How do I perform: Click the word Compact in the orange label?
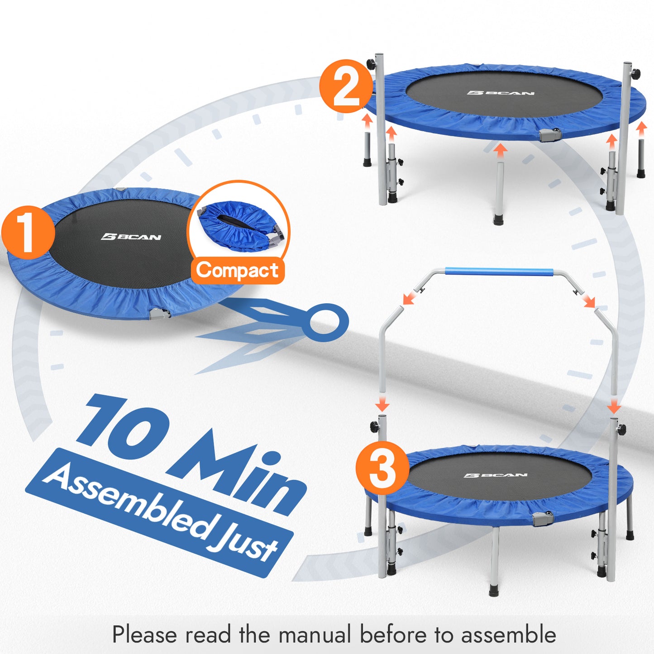(x=237, y=271)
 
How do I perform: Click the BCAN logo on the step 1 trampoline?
(x=131, y=237)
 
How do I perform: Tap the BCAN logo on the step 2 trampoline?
(x=501, y=93)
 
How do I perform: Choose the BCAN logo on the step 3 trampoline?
(x=495, y=475)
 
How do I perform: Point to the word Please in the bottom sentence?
(x=144, y=634)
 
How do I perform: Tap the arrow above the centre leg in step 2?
(x=499, y=151)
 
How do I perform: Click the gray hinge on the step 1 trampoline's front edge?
(x=161, y=312)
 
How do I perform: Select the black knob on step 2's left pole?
(x=371, y=63)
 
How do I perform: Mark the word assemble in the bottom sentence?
(x=508, y=634)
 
